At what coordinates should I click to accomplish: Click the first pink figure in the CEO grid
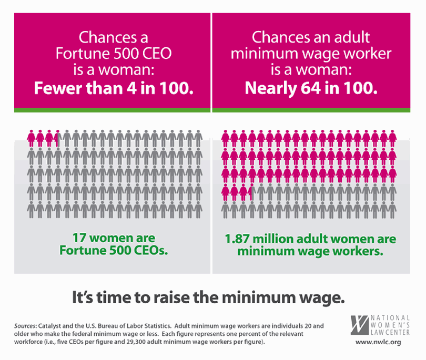pyautogui.click(x=32, y=138)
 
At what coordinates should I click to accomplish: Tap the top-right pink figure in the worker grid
pyautogui.click(x=392, y=138)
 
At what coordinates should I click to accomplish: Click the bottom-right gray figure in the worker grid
pyautogui.click(x=392, y=210)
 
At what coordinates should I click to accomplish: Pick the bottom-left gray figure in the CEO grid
pyautogui.click(x=32, y=210)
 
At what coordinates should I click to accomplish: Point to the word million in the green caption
pyautogui.click(x=276, y=240)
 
